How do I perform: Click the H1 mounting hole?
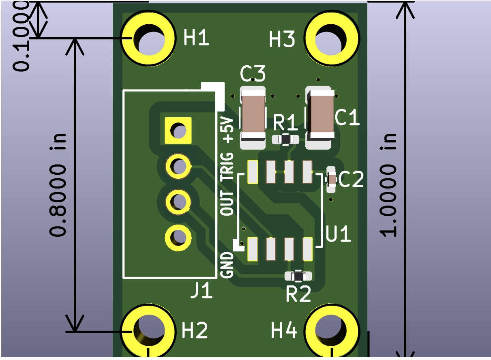pos(149,39)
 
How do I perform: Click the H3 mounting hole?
pos(332,39)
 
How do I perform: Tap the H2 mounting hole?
pos(149,330)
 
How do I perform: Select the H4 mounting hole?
pos(332,330)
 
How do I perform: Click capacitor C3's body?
pos(253,115)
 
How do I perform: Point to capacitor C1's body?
pos(320,115)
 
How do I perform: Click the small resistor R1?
pos(286,139)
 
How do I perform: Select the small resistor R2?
pos(298,276)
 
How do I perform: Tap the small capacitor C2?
pos(332,179)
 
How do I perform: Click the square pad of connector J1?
pos(178,130)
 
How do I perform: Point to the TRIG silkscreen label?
pos(228,166)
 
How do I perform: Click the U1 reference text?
pos(339,234)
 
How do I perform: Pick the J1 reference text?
pos(202,291)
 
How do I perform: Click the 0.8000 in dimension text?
pos(58,184)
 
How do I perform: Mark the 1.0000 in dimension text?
pos(388,184)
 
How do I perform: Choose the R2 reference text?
pos(298,295)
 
